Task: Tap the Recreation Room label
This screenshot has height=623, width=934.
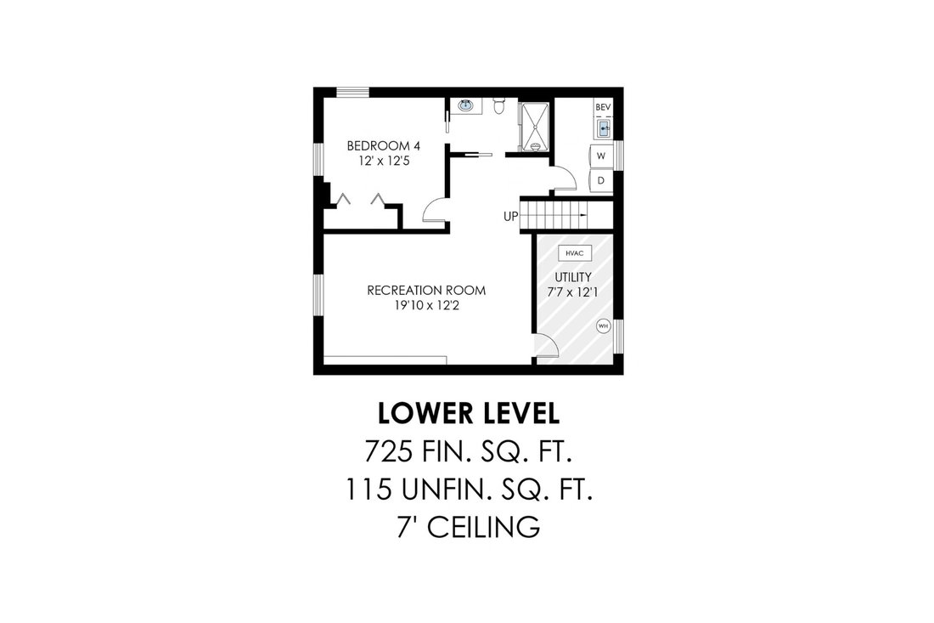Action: (x=426, y=291)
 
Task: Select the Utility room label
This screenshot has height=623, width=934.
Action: (x=573, y=277)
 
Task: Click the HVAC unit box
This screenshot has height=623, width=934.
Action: (x=575, y=253)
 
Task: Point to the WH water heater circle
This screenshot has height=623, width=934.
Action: (x=604, y=326)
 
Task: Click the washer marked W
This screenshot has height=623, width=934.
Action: (x=601, y=156)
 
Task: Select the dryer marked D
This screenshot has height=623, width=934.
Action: (x=601, y=181)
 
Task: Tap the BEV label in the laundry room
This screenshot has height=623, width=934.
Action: (x=604, y=107)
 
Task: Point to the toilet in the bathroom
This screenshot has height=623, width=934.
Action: (x=499, y=105)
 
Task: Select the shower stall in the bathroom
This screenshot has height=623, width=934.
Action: (x=535, y=127)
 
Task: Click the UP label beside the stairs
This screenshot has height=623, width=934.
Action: (x=510, y=217)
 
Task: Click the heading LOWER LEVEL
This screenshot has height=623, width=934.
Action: (x=469, y=414)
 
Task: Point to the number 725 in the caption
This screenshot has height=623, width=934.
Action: (x=388, y=451)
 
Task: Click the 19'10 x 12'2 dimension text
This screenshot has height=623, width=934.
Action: (x=426, y=306)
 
